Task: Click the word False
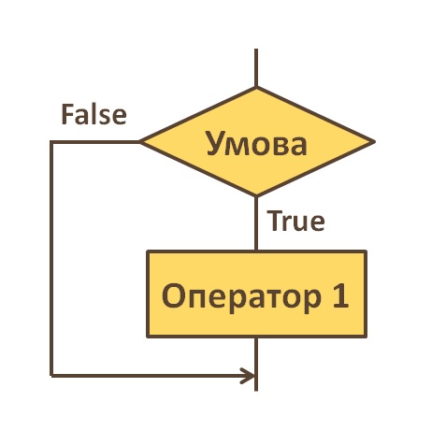(94, 114)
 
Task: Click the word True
(296, 221)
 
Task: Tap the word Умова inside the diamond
(256, 144)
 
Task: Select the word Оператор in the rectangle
(241, 295)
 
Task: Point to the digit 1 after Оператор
(340, 295)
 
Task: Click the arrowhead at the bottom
(248, 376)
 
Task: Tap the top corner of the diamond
(256, 87)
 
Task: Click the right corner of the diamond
(374, 142)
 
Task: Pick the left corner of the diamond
(140, 142)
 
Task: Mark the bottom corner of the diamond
(256, 196)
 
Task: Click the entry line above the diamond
(256, 67)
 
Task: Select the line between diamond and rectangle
(256, 223)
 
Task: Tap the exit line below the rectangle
(256, 364)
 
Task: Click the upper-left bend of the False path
(51, 142)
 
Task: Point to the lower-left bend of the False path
(51, 376)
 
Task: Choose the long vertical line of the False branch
(51, 259)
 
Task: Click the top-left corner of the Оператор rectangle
(148, 251)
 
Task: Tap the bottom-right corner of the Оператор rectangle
(366, 337)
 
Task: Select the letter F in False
(67, 114)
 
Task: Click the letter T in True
(274, 221)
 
